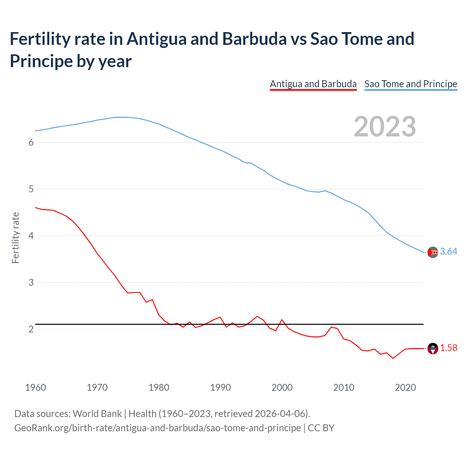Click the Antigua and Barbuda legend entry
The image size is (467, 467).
[313, 84]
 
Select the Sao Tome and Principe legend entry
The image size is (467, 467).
[410, 84]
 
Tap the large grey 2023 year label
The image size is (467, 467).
[385, 127]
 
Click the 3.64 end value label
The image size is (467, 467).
[448, 252]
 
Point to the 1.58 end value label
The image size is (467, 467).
[448, 348]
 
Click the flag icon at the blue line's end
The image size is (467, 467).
[433, 252]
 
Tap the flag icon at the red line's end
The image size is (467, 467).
[433, 348]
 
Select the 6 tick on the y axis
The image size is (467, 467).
[31, 143]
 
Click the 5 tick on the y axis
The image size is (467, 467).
[31, 189]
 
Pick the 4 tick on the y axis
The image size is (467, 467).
[31, 236]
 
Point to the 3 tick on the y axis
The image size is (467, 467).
[31, 283]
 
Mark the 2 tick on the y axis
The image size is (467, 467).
[31, 329]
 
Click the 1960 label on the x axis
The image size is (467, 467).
[35, 387]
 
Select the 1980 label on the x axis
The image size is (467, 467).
[159, 387]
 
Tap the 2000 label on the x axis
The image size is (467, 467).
[282, 387]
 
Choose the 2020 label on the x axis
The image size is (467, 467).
[405, 387]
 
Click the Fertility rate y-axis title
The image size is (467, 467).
[15, 238]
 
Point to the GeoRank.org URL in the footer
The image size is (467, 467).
[158, 428]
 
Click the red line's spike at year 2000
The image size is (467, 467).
[282, 320]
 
